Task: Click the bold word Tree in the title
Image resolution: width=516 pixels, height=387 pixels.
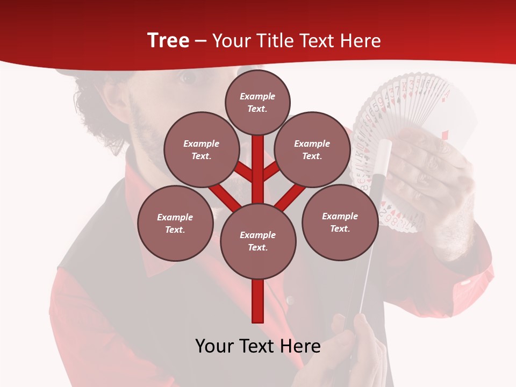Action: pos(168,40)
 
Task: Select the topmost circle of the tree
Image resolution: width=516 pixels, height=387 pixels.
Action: pos(257,102)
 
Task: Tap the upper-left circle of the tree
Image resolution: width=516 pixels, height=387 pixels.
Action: pos(201,149)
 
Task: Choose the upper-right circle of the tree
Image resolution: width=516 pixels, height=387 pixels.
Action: pos(312,149)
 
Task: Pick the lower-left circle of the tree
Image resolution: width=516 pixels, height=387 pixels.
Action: pos(175,223)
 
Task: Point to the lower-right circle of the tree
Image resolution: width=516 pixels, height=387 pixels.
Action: pos(340,222)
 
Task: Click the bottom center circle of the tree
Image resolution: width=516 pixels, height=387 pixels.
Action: pos(258,241)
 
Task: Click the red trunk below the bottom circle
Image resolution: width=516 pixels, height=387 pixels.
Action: pos(258,301)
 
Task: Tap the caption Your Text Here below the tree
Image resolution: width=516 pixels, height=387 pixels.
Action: pos(258,346)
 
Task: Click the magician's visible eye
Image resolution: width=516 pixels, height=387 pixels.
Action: pos(188,77)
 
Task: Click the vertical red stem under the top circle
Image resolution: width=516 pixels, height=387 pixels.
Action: pos(258,161)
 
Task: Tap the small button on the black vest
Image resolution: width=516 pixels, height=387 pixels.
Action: pos(291,300)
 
